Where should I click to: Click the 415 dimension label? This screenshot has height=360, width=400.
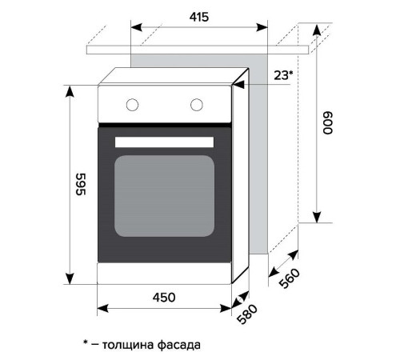tap(200, 17)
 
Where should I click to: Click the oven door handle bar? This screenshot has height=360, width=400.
tap(166, 142)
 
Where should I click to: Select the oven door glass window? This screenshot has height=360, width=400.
tap(166, 194)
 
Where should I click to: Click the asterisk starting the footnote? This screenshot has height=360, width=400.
tap(86, 342)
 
